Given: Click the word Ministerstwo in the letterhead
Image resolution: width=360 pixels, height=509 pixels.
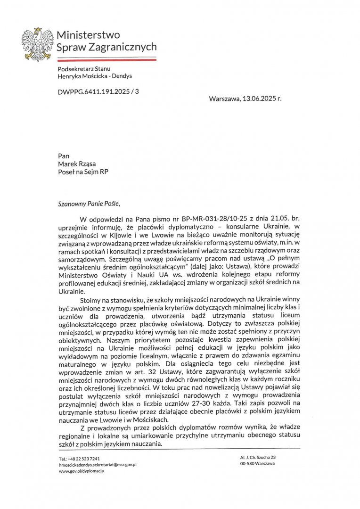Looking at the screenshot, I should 88,35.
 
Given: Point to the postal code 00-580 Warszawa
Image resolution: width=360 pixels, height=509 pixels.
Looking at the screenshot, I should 257,464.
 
